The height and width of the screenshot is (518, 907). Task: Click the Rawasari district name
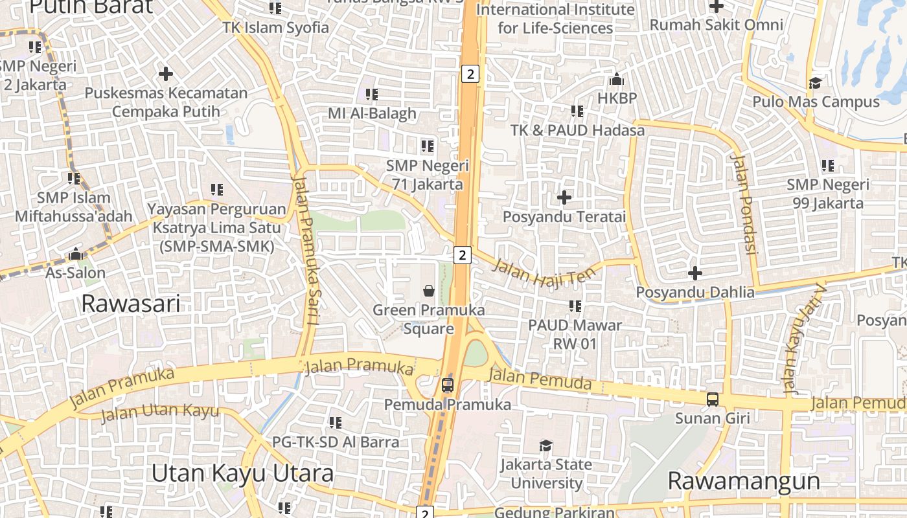pyautogui.click(x=130, y=303)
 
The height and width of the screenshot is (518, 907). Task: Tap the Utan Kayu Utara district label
pyautogui.click(x=242, y=473)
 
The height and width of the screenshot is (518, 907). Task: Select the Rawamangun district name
pyautogui.click(x=744, y=481)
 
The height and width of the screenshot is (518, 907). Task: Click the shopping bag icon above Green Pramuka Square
pyautogui.click(x=429, y=291)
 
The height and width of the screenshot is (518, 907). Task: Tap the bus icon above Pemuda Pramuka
pyautogui.click(x=447, y=386)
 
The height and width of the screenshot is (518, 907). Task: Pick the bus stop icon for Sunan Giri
pyautogui.click(x=713, y=400)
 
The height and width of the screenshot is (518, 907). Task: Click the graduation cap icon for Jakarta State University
pyautogui.click(x=546, y=445)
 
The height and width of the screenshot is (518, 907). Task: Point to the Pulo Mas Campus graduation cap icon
pyautogui.click(x=815, y=83)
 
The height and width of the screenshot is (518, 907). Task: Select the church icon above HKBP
pyautogui.click(x=617, y=79)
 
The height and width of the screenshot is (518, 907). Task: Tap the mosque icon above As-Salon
pyautogui.click(x=76, y=254)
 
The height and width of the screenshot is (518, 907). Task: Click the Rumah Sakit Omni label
pyautogui.click(x=716, y=25)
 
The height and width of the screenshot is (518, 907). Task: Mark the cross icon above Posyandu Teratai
pyautogui.click(x=564, y=197)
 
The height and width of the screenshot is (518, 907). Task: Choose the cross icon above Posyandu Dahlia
pyautogui.click(x=695, y=273)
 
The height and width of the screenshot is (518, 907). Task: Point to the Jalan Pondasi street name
pyautogui.click(x=744, y=203)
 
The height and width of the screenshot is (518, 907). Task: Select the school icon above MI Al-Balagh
pyautogui.click(x=372, y=95)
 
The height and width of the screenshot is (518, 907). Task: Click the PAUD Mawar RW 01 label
pyautogui.click(x=575, y=333)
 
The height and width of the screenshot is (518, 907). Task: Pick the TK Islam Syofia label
pyautogui.click(x=276, y=28)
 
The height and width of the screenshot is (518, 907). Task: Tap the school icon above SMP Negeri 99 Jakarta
pyautogui.click(x=827, y=166)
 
